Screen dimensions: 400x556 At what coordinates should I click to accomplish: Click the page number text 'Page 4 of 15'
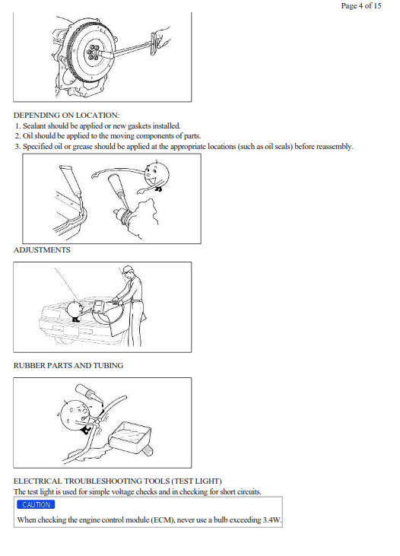point(361,5)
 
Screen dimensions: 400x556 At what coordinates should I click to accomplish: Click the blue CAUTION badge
point(36,504)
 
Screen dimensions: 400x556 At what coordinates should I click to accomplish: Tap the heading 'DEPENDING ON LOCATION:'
point(67,116)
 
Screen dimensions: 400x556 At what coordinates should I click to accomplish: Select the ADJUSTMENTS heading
point(42,250)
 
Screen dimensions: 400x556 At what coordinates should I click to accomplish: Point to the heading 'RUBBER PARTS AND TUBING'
point(68,366)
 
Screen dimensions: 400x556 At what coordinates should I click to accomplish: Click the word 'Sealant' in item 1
point(34,126)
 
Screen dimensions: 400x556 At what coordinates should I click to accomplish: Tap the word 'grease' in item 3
point(83,147)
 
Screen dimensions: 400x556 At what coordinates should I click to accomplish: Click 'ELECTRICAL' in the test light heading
point(38,481)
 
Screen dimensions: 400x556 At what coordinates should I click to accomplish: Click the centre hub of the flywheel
point(94,52)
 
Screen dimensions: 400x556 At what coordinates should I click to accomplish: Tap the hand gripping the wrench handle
point(162,38)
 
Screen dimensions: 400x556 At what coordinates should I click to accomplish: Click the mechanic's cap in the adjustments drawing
point(127,269)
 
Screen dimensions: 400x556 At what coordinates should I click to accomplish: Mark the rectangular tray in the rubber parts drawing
point(130,437)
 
